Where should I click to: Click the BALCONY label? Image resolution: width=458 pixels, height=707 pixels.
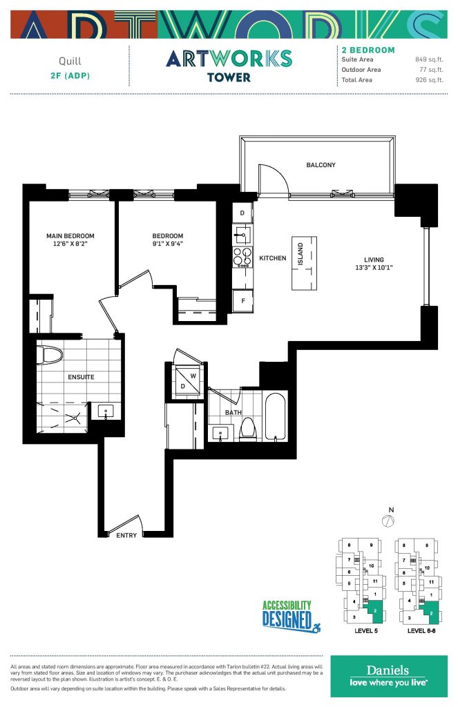tap(321, 165)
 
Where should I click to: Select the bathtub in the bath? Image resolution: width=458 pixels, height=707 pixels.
tap(275, 416)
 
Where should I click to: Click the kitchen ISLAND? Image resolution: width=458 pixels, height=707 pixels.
tap(304, 263)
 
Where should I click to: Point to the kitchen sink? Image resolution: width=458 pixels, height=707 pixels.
tap(242, 235)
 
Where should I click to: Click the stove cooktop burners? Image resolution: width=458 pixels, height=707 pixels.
tap(242, 257)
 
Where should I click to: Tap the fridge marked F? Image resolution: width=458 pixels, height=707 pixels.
tap(242, 301)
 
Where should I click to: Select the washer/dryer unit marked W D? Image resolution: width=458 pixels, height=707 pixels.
tap(187, 381)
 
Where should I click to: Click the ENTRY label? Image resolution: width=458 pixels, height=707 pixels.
tap(126, 535)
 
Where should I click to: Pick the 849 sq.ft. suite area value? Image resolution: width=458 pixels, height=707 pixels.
tap(429, 59)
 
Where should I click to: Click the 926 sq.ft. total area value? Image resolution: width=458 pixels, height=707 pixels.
tap(429, 80)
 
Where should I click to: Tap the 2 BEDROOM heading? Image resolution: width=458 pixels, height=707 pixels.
tap(368, 50)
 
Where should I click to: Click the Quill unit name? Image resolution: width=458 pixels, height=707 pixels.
tap(70, 61)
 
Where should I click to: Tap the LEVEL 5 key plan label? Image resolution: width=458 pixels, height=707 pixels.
tap(366, 631)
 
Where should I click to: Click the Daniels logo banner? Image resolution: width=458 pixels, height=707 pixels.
tap(389, 676)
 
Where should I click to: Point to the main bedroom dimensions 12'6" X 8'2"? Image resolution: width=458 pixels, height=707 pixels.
tap(70, 244)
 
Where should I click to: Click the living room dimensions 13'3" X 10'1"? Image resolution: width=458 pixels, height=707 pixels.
tap(374, 267)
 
